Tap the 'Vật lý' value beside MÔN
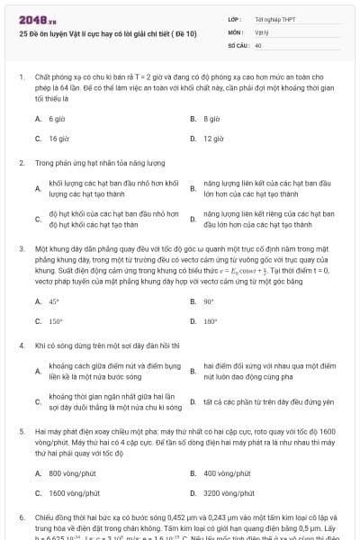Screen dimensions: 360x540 (262, 31)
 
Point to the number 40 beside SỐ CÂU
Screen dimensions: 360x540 (258, 44)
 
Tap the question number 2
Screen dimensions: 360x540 (22, 163)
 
